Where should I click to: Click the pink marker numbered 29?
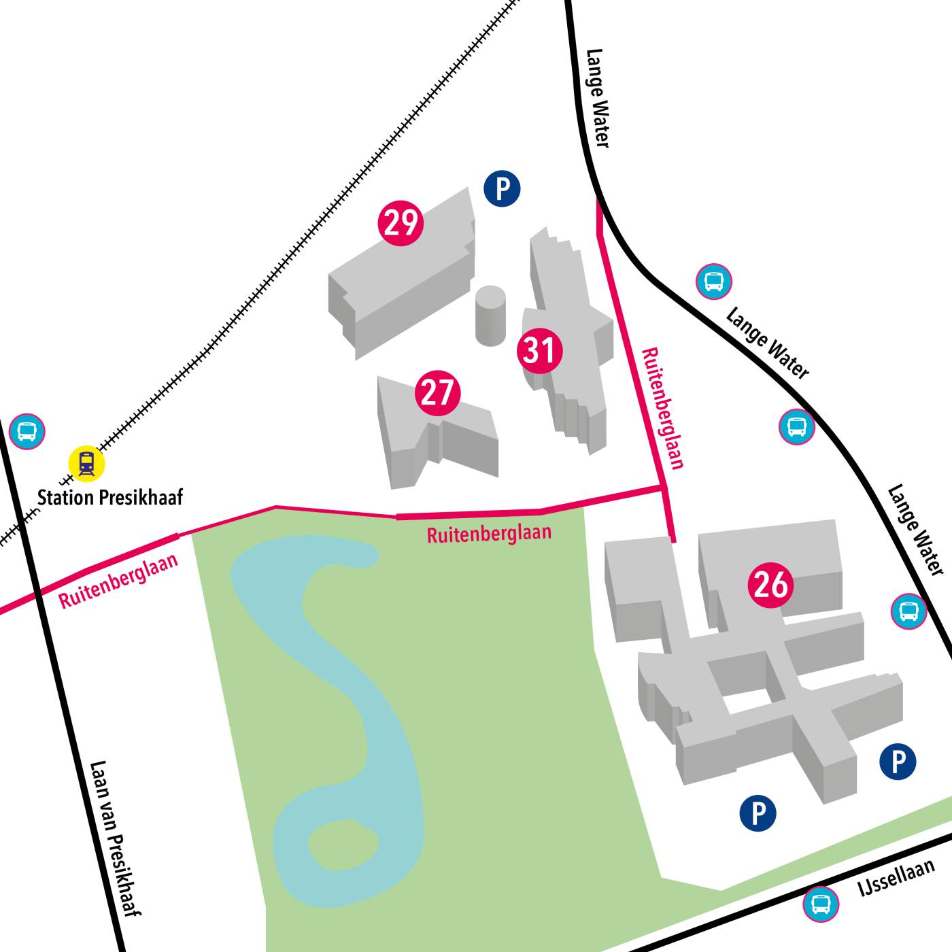pos(401,222)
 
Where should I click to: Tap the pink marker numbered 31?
pos(540,350)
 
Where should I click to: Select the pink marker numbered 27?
pos(437,392)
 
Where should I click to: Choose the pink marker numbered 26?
pos(770,584)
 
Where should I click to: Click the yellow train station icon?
pos(86,464)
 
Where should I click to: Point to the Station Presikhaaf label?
pos(110,498)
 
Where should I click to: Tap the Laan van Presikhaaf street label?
pos(115,838)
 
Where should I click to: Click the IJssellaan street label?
pos(896,878)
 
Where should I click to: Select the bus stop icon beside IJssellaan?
pos(821,904)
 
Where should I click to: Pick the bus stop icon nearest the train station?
pos(27,430)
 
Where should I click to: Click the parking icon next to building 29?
pos(502,188)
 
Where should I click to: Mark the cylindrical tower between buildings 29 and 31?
pos(490,316)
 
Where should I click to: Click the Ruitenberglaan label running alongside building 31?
pos(662,408)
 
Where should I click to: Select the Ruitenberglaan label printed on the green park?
pos(489,533)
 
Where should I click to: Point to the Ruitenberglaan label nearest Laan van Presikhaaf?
pos(118,580)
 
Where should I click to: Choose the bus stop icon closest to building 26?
pos(908,611)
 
